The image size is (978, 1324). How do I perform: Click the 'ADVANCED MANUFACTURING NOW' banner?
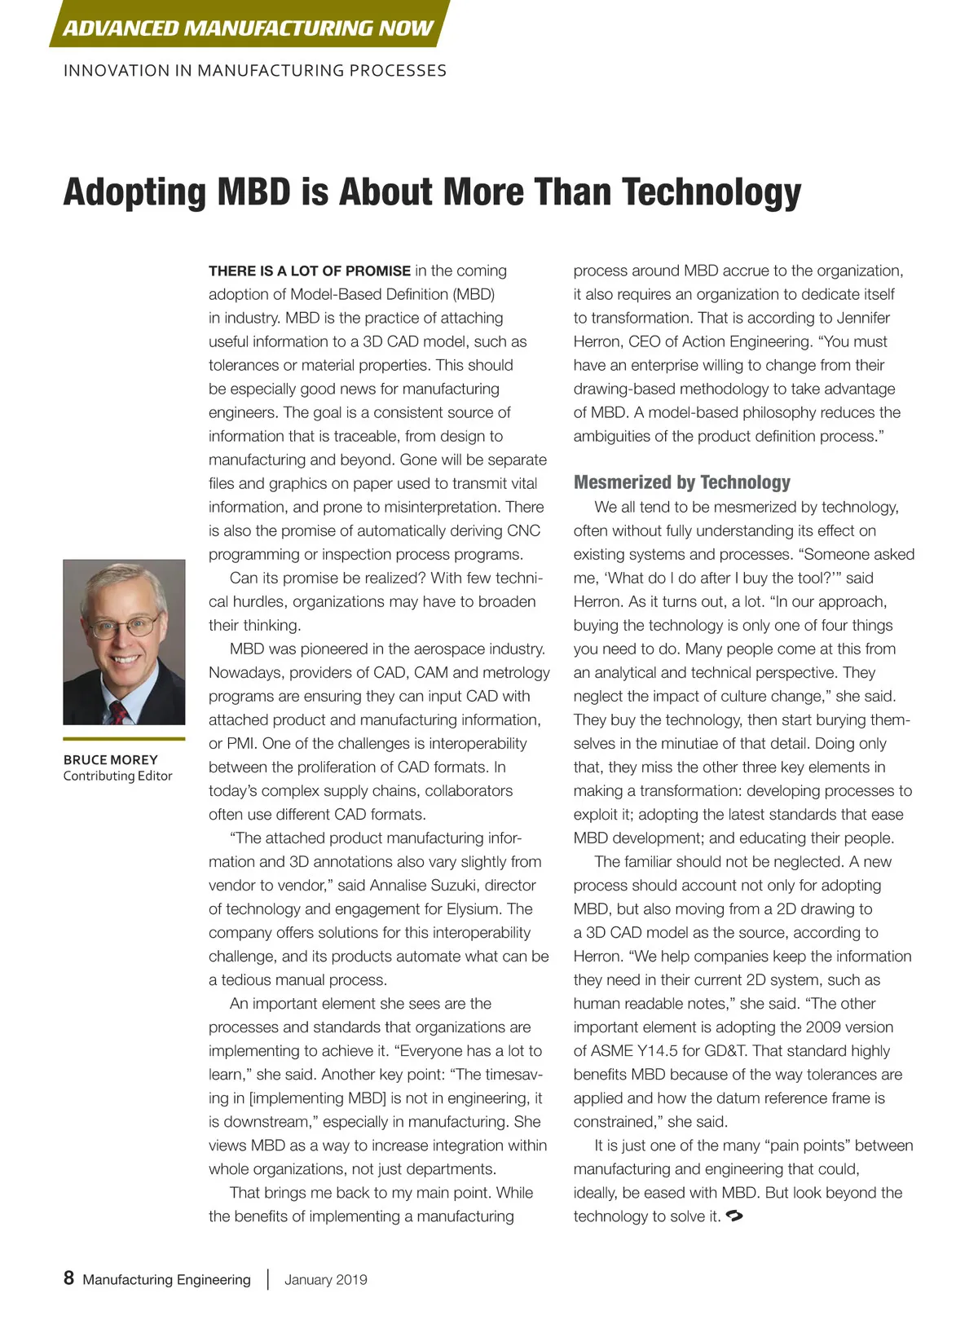pyautogui.click(x=248, y=28)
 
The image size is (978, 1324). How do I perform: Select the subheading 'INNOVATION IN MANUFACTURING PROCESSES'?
pyautogui.click(x=254, y=71)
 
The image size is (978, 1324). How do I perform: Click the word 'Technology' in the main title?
pyautogui.click(x=711, y=192)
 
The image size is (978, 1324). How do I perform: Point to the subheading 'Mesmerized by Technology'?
pyautogui.click(x=681, y=482)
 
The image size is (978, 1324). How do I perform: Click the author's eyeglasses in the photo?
pyautogui.click(x=124, y=626)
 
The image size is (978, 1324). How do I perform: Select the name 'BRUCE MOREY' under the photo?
pyautogui.click(x=110, y=759)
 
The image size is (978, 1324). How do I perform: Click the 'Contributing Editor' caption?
pyautogui.click(x=117, y=776)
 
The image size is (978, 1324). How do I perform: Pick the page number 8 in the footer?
pyautogui.click(x=68, y=1278)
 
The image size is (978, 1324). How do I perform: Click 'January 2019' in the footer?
pyautogui.click(x=325, y=1279)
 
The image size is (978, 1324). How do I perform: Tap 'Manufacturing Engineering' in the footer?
pyautogui.click(x=166, y=1279)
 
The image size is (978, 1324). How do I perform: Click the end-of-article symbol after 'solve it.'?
pyautogui.click(x=734, y=1216)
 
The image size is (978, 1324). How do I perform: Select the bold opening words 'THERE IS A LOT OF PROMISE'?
pyautogui.click(x=310, y=271)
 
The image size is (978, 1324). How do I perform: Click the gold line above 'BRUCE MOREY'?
pyautogui.click(x=124, y=739)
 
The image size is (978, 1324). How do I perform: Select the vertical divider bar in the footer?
pyautogui.click(x=267, y=1278)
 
